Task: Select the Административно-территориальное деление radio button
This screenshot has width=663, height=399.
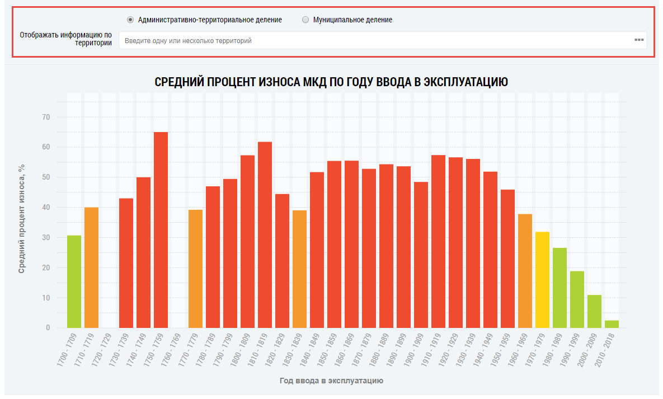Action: pyautogui.click(x=130, y=20)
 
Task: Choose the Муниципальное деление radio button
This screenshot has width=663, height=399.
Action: pyautogui.click(x=305, y=20)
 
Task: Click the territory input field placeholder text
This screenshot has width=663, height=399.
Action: pyautogui.click(x=188, y=41)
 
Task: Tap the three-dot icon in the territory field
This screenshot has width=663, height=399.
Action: pyautogui.click(x=639, y=40)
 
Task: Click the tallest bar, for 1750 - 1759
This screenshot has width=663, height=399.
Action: pyautogui.click(x=161, y=229)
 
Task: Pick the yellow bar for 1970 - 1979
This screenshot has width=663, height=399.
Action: pyautogui.click(x=542, y=280)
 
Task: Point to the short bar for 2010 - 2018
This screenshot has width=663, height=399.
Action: pyautogui.click(x=612, y=324)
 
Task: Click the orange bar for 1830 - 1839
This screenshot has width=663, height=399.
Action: pyautogui.click(x=299, y=269)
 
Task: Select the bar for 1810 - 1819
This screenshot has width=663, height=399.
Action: pyautogui.click(x=265, y=235)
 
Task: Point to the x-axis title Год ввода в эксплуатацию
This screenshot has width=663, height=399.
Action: pyautogui.click(x=331, y=381)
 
